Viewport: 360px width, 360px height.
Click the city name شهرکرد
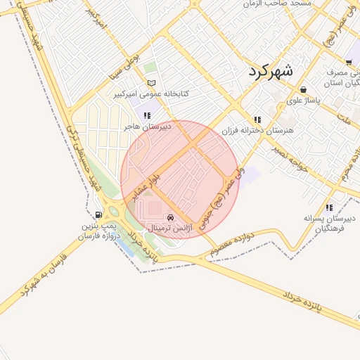[273, 71]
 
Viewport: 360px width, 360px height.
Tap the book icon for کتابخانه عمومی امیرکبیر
[150, 83]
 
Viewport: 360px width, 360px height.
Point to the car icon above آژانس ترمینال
[172, 218]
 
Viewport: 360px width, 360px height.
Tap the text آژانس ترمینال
[172, 229]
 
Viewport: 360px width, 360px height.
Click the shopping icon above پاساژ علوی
[303, 90]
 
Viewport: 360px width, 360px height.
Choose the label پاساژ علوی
[304, 101]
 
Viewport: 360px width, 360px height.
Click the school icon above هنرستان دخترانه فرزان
[258, 120]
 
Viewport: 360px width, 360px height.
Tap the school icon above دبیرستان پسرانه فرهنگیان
[329, 207]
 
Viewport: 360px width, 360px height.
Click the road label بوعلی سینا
[127, 67]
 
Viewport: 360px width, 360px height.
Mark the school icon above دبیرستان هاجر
[146, 115]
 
